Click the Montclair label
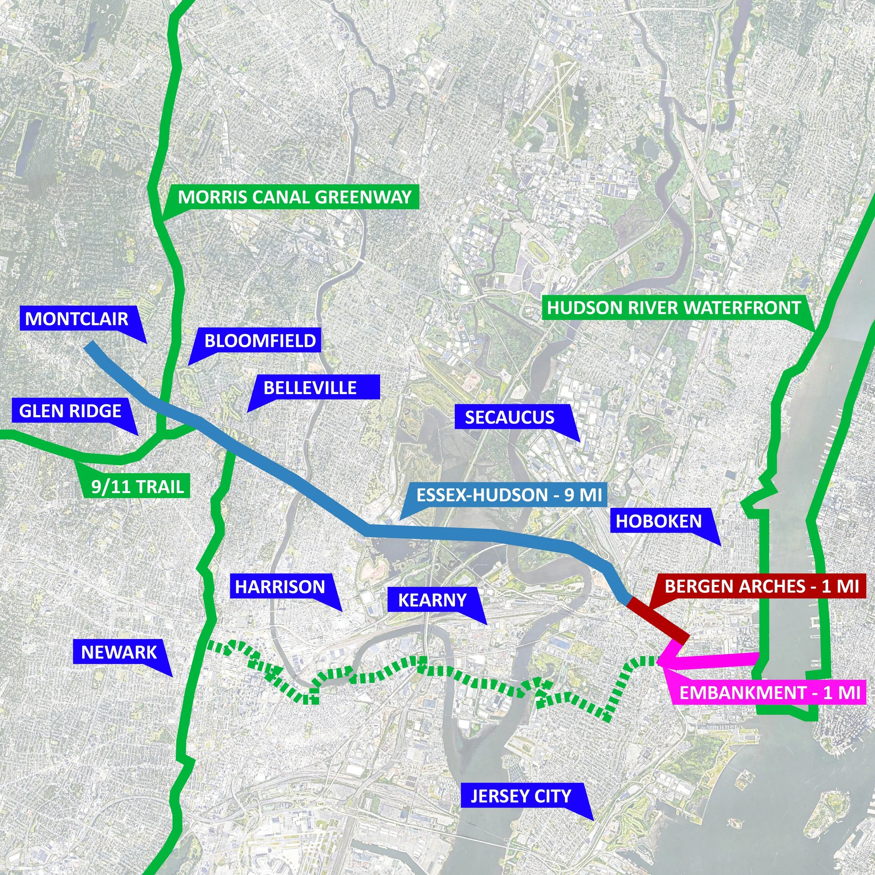point(77,318)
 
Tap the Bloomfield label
point(260,340)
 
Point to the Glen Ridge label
point(70,411)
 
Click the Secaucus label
point(510,417)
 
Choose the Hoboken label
point(658,521)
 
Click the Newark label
point(119,652)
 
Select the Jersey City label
point(521,808)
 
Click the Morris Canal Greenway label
point(294,197)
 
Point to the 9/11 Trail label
point(138,486)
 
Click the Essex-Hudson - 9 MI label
point(509,495)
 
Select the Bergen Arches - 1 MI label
point(762,586)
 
